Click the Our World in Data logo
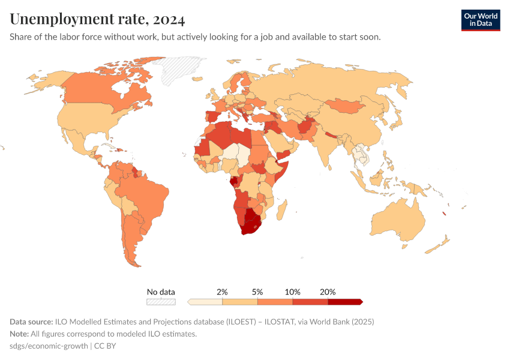coord(481,20)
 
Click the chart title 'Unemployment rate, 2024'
coord(97,19)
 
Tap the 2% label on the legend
coord(222,292)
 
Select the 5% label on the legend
coord(257,292)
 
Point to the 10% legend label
coord(292,292)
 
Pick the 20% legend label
coord(328,292)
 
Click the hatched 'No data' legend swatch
coord(161,301)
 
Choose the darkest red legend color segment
coord(344,301)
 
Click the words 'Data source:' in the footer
coord(31,322)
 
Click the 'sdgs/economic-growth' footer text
coord(49,346)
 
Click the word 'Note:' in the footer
coord(20,334)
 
